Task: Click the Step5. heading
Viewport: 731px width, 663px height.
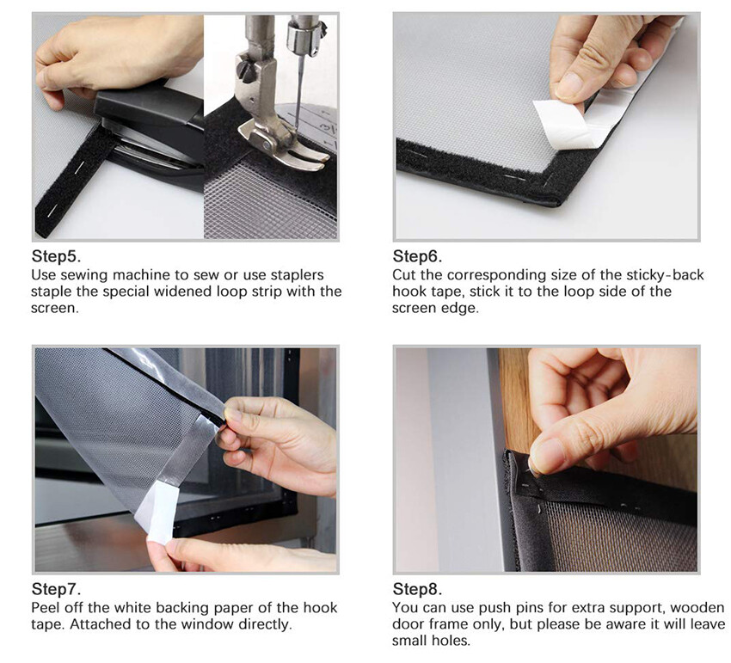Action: (57, 256)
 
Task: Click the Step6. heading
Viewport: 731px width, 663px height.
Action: (417, 256)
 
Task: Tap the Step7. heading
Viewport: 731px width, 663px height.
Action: (57, 589)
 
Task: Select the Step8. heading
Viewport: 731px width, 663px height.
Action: (417, 589)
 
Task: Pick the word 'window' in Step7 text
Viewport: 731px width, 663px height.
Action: (208, 624)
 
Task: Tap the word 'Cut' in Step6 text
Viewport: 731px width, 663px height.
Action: (403, 275)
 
